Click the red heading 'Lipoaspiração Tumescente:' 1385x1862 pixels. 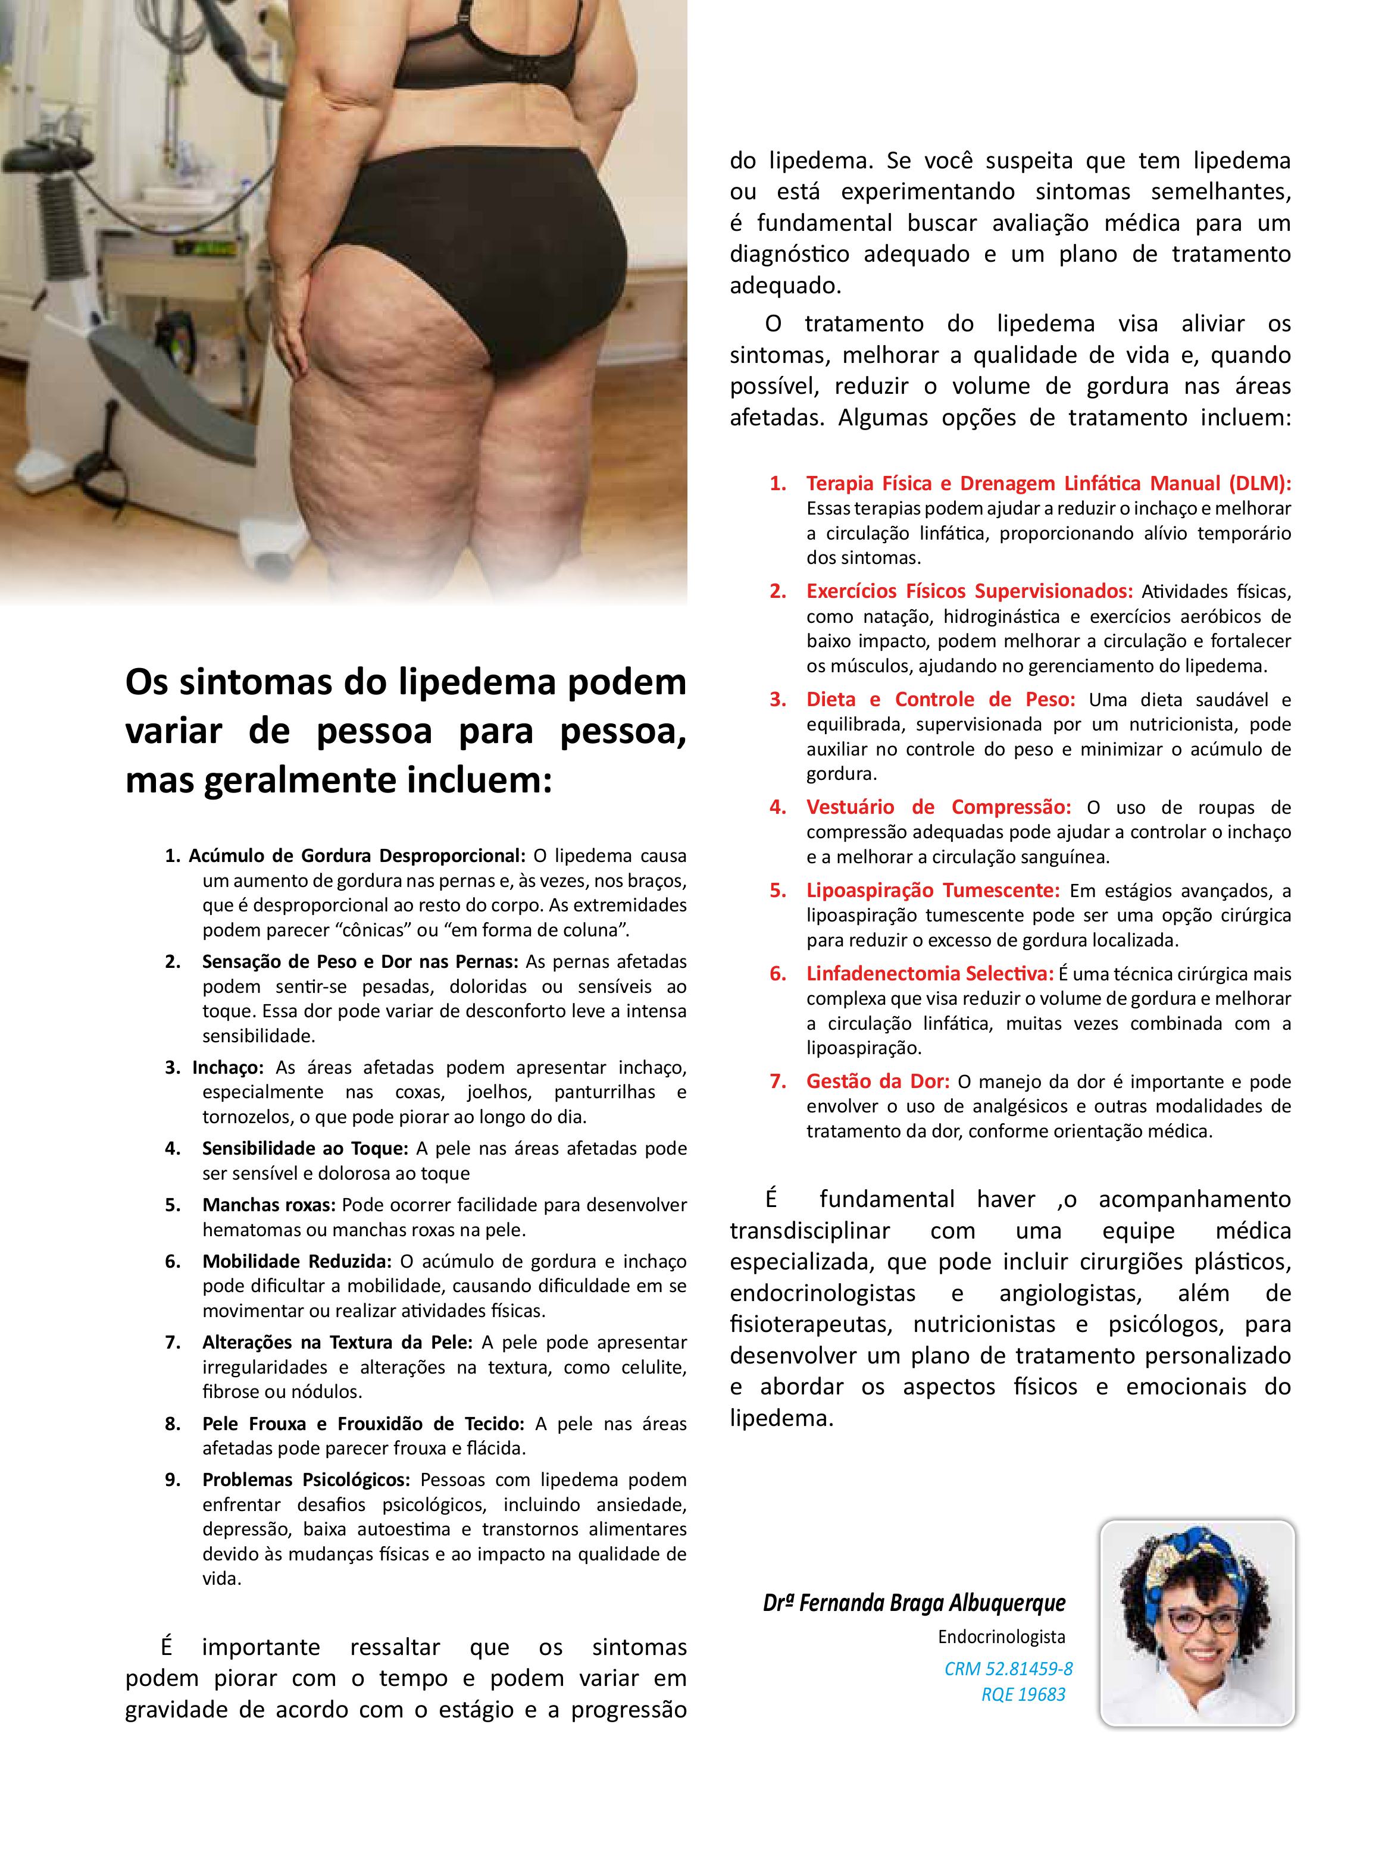click(932, 890)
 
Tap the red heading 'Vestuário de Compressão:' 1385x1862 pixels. click(938, 807)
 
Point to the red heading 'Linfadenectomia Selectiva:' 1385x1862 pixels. click(930, 974)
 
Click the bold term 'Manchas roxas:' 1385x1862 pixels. click(268, 1205)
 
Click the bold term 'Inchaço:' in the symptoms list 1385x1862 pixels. click(228, 1068)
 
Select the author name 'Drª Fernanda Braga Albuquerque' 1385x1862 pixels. click(914, 1603)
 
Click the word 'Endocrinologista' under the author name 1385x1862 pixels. click(1001, 1637)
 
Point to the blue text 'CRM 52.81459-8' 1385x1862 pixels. click(1008, 1669)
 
